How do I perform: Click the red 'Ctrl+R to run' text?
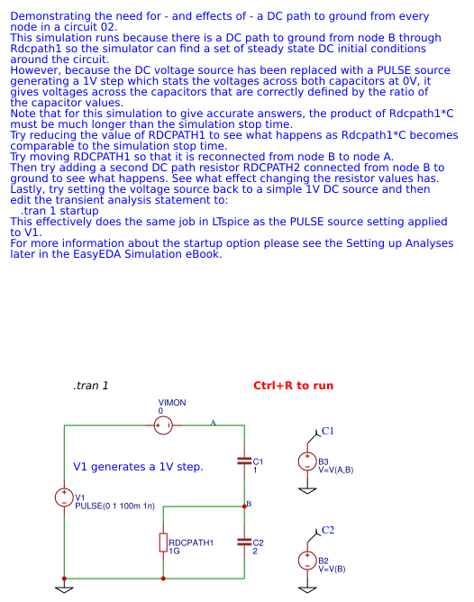[x=294, y=386]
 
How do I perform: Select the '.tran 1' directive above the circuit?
[x=91, y=386]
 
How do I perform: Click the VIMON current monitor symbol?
[x=163, y=425]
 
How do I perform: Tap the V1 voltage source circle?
[x=64, y=497]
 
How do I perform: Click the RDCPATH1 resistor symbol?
[x=163, y=542]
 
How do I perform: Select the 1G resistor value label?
[x=175, y=551]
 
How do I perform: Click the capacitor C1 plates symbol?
[x=243, y=461]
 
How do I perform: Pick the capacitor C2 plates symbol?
[x=243, y=543]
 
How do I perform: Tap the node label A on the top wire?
[x=214, y=422]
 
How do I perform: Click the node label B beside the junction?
[x=249, y=503]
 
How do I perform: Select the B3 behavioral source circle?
[x=307, y=461]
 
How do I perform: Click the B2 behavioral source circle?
[x=307, y=561]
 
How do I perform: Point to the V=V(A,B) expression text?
[x=336, y=470]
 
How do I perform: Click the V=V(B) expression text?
[x=332, y=569]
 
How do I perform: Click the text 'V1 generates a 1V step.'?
[x=138, y=467]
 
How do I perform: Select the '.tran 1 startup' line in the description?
[x=59, y=210]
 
